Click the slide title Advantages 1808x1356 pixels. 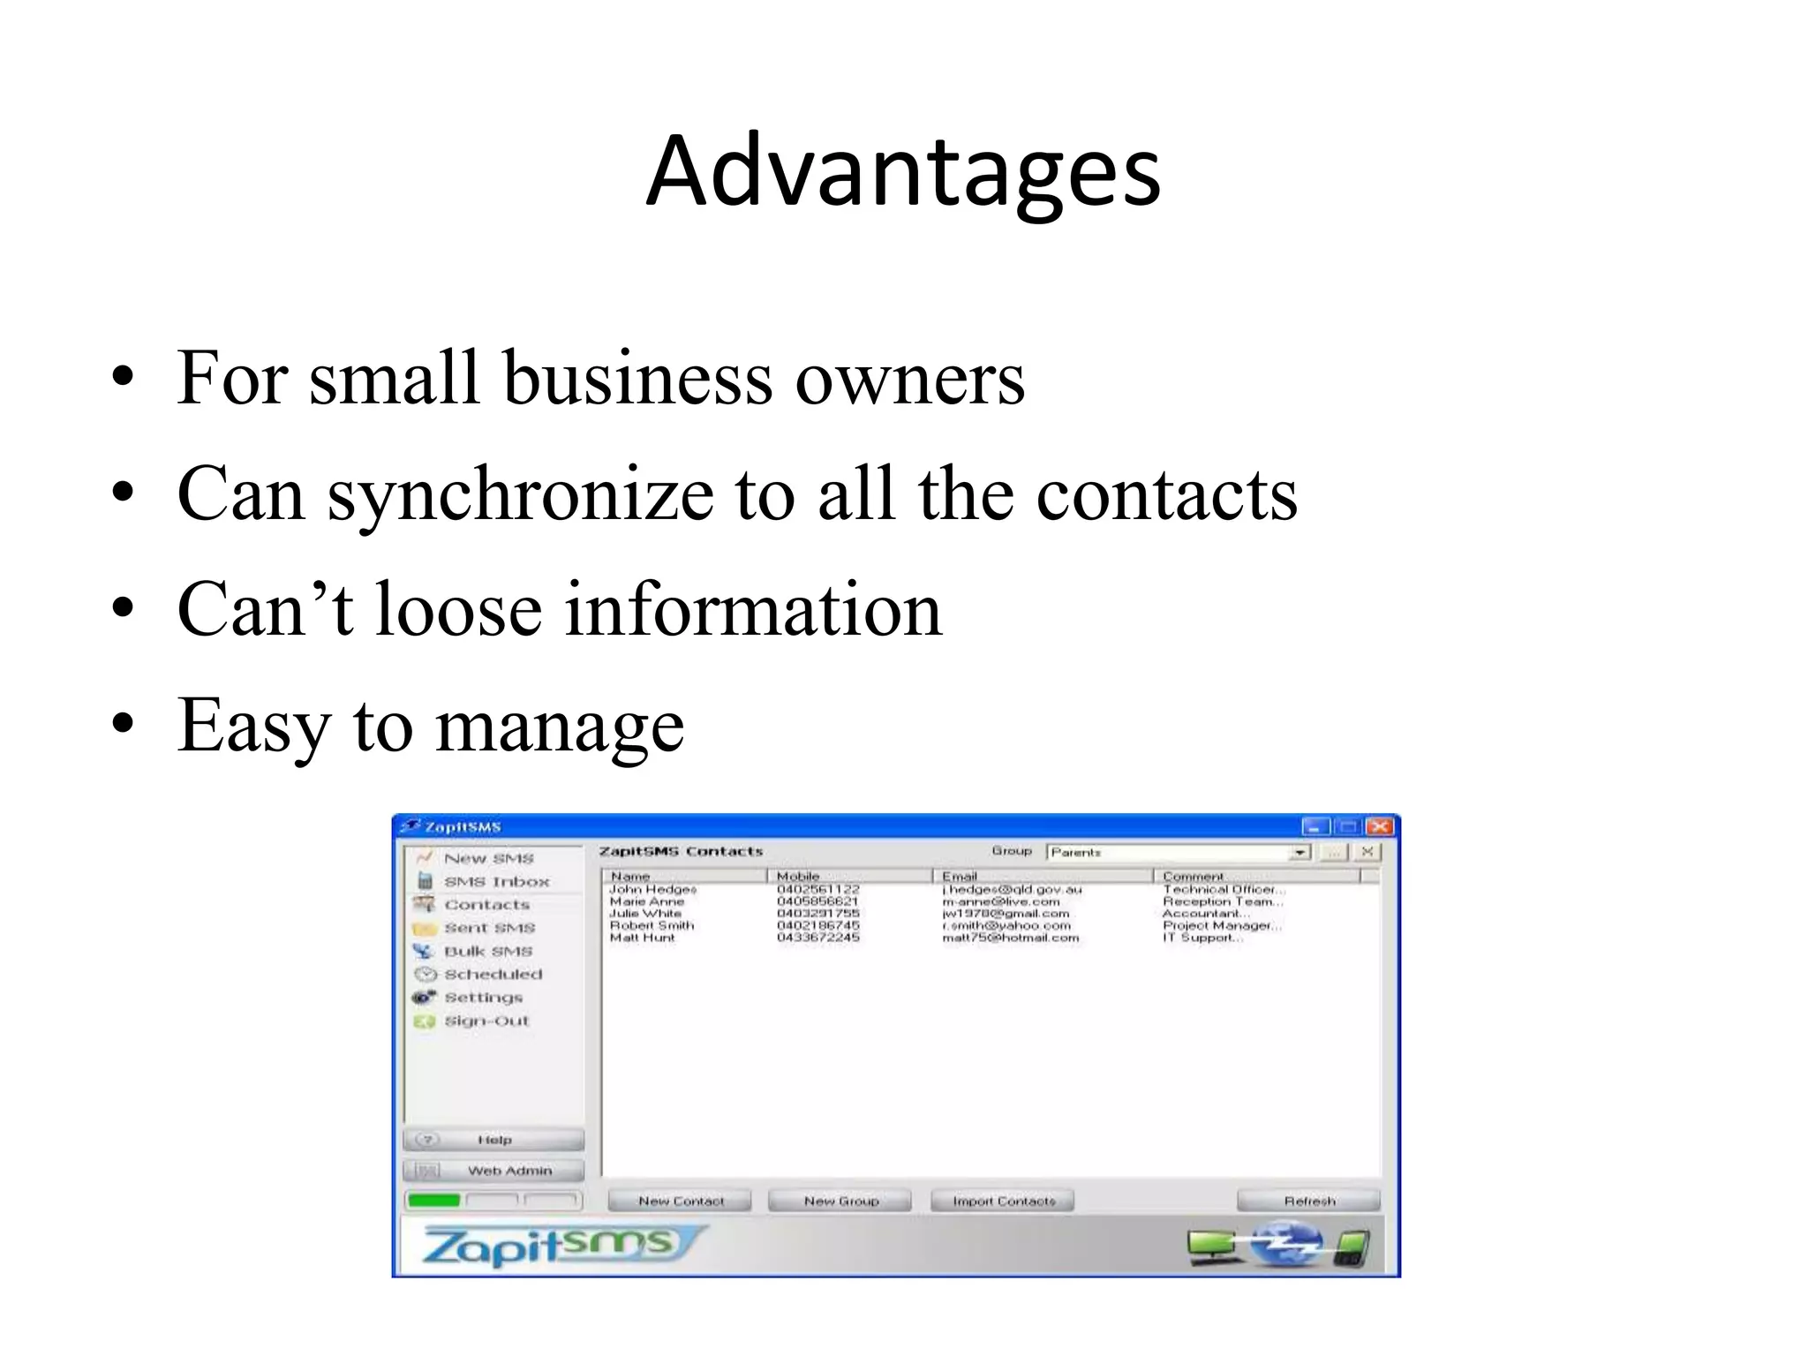(x=902, y=171)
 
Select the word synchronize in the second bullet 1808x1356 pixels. (x=520, y=494)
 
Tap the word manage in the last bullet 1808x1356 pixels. (x=560, y=727)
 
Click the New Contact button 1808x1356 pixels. (x=680, y=1201)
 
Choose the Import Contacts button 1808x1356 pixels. (x=1003, y=1201)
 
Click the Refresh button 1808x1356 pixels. (x=1308, y=1201)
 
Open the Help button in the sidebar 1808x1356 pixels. (x=493, y=1140)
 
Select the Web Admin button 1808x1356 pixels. (x=493, y=1171)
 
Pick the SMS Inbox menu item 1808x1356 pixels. (x=495, y=881)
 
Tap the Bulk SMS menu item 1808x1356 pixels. (x=487, y=951)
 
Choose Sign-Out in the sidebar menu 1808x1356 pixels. (x=486, y=1021)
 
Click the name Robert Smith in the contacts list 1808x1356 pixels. (x=652, y=925)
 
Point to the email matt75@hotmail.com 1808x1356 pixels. (x=1010, y=938)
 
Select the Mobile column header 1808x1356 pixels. (x=798, y=876)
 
